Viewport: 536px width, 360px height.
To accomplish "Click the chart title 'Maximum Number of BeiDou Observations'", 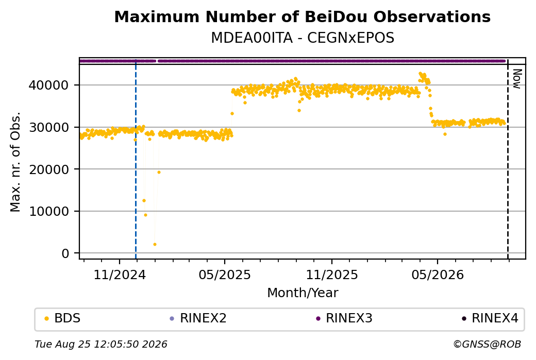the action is (302, 17).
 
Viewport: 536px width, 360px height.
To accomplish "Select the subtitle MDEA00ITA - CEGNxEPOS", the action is (303, 38).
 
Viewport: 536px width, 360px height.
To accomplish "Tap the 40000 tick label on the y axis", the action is (49, 85).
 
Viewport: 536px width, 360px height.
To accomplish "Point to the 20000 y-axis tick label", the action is (49, 169).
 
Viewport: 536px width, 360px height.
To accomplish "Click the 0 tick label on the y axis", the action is (65, 253).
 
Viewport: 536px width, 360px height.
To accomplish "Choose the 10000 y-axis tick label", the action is (49, 212).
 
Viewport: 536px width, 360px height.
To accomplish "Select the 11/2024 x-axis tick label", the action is (120, 275).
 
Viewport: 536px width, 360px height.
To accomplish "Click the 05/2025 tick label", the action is (225, 275).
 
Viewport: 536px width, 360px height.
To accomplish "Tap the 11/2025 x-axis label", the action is (331, 275).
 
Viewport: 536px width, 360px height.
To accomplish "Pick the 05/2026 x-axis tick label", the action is (438, 275).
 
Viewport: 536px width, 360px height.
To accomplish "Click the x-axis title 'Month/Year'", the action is (303, 293).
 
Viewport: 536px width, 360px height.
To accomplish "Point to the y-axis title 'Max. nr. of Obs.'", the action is (15, 162).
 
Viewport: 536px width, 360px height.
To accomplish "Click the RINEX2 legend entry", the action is (198, 318).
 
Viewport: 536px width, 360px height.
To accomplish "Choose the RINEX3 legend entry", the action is (344, 318).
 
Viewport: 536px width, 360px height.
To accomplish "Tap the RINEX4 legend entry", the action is (490, 318).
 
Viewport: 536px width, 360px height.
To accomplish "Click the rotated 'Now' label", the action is (517, 79).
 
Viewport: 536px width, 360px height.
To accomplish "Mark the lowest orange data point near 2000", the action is (155, 244).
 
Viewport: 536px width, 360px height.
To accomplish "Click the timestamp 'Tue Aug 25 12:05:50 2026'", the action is (101, 344).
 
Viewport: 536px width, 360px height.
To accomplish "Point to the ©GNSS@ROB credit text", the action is (488, 344).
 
